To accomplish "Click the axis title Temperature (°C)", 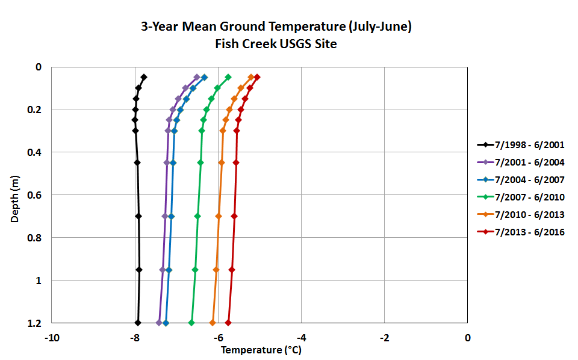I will [259, 350].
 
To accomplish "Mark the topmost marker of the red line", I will [257, 77].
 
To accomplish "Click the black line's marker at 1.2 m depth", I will [138, 323].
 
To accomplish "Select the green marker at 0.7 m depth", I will [197, 216].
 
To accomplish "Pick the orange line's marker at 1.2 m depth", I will [213, 323].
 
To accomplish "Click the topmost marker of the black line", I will [144, 77].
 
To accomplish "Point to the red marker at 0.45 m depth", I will [236, 163].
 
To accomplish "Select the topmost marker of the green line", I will [228, 77].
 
